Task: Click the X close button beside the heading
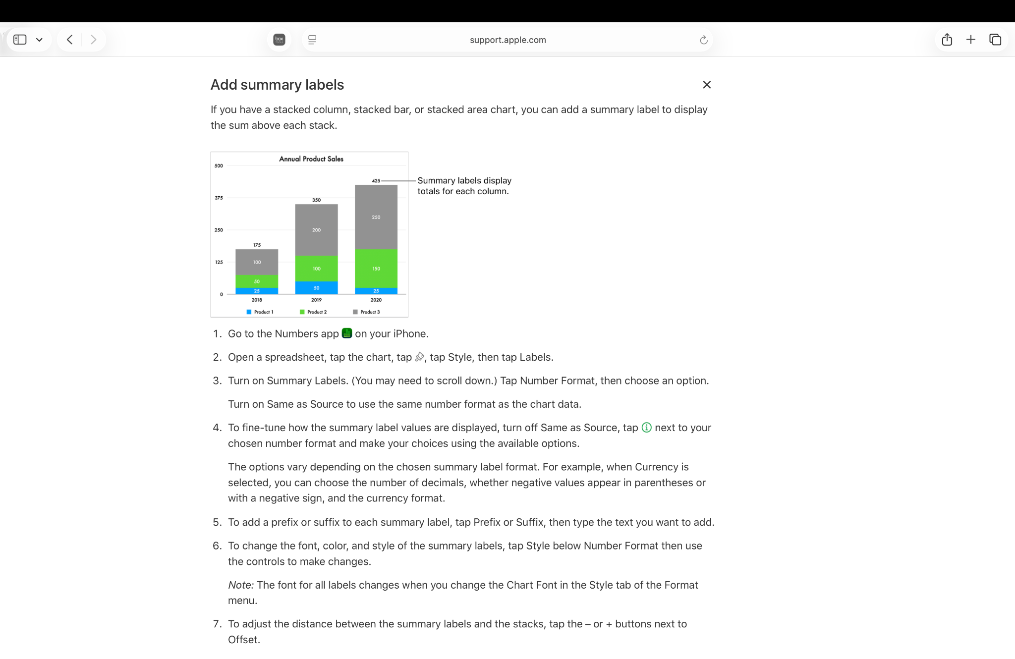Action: tap(707, 85)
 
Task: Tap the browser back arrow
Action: tap(70, 40)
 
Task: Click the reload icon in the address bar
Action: tap(703, 40)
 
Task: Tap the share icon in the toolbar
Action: tap(947, 40)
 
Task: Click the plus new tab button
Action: tap(971, 40)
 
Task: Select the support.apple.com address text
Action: tap(507, 40)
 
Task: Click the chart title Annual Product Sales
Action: tap(311, 159)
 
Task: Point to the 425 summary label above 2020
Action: tap(376, 181)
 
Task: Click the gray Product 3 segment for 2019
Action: tap(316, 230)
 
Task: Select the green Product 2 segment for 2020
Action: tap(376, 269)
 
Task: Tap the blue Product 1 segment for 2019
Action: tap(316, 288)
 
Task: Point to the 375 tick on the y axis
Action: tap(219, 198)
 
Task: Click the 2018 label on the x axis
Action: tap(257, 300)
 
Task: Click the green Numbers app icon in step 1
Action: tap(347, 333)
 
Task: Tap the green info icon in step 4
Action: tap(646, 428)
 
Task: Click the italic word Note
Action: tap(241, 585)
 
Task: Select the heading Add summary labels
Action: tap(277, 85)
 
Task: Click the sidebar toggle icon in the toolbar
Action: tap(20, 40)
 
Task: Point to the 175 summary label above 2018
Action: tap(257, 245)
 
